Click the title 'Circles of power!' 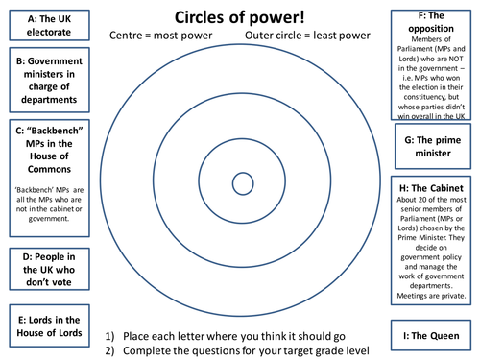point(239,16)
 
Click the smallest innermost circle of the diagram point(243,183)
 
